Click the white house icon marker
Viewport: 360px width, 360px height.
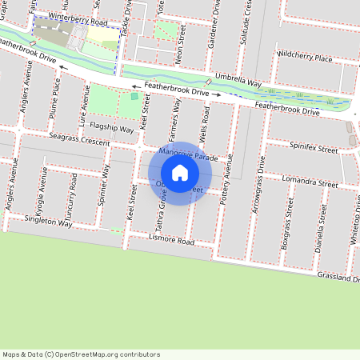point(180,173)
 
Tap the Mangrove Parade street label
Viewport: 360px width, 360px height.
point(188,154)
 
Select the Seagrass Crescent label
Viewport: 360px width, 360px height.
point(78,140)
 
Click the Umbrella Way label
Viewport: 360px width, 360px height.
point(239,82)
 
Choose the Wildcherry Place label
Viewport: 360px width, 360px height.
point(303,58)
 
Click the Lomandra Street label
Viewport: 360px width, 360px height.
point(311,182)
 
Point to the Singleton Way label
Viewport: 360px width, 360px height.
point(48,220)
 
